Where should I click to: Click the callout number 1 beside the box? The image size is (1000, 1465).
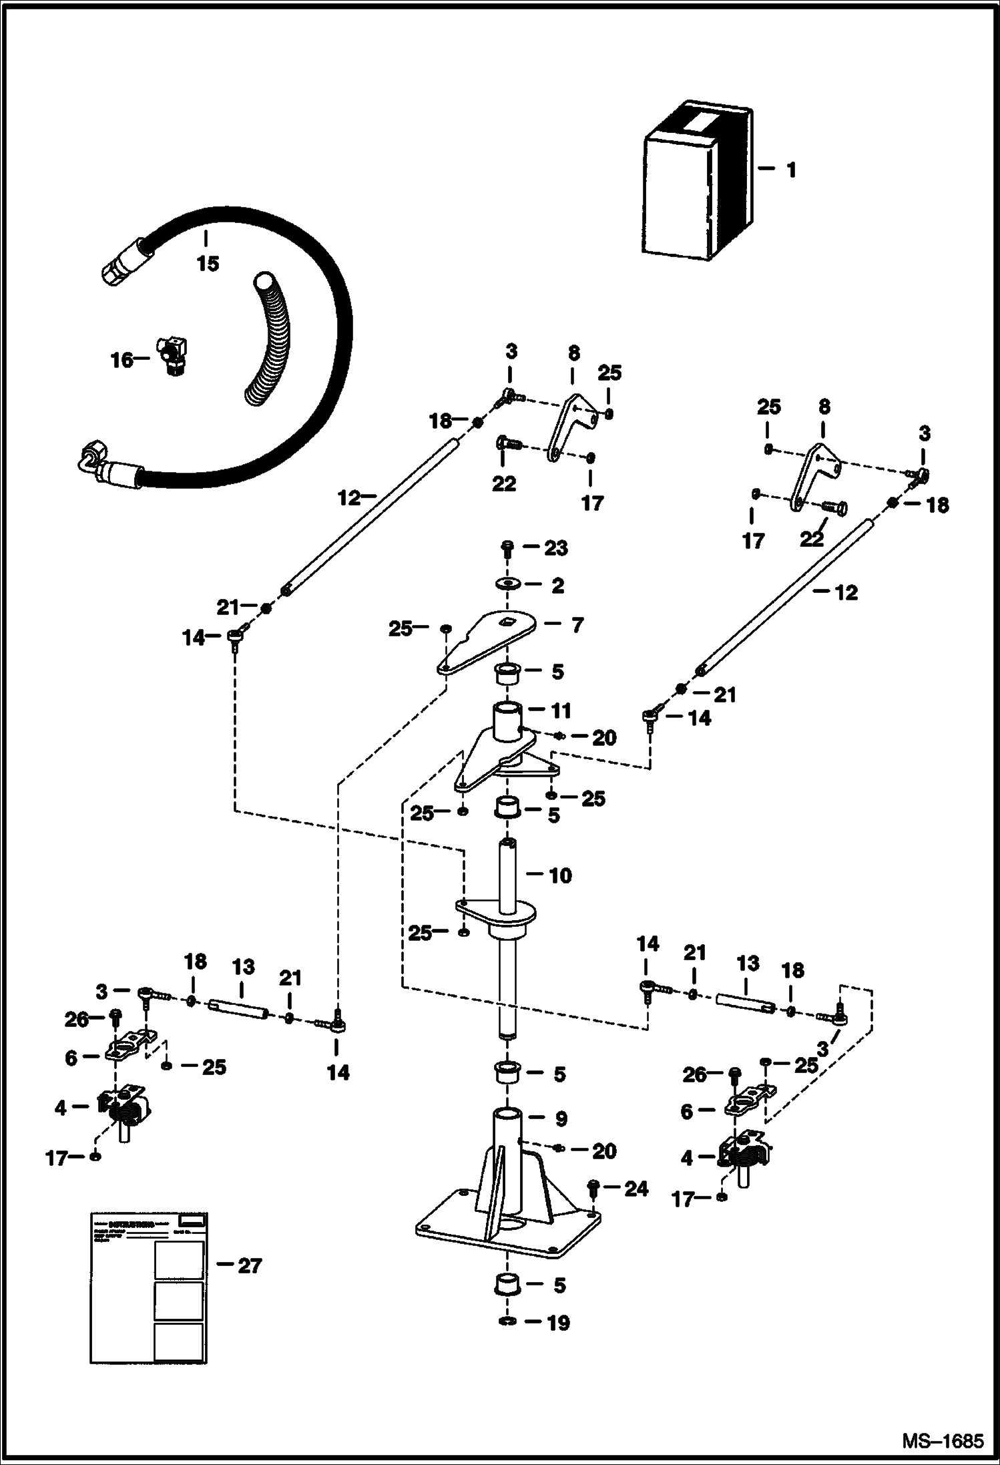(x=791, y=170)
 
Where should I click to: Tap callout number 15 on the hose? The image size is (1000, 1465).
(x=208, y=264)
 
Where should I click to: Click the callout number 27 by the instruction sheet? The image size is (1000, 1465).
(x=250, y=1265)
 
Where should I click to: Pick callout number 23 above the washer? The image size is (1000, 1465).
(x=555, y=548)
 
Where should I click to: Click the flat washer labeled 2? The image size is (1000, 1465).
(x=509, y=585)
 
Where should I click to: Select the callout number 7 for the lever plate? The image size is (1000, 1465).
(x=577, y=625)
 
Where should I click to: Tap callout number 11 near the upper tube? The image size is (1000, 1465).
(x=561, y=710)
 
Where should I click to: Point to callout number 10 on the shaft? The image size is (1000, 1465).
(x=560, y=875)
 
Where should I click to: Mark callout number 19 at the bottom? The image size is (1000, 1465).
(x=558, y=1322)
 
